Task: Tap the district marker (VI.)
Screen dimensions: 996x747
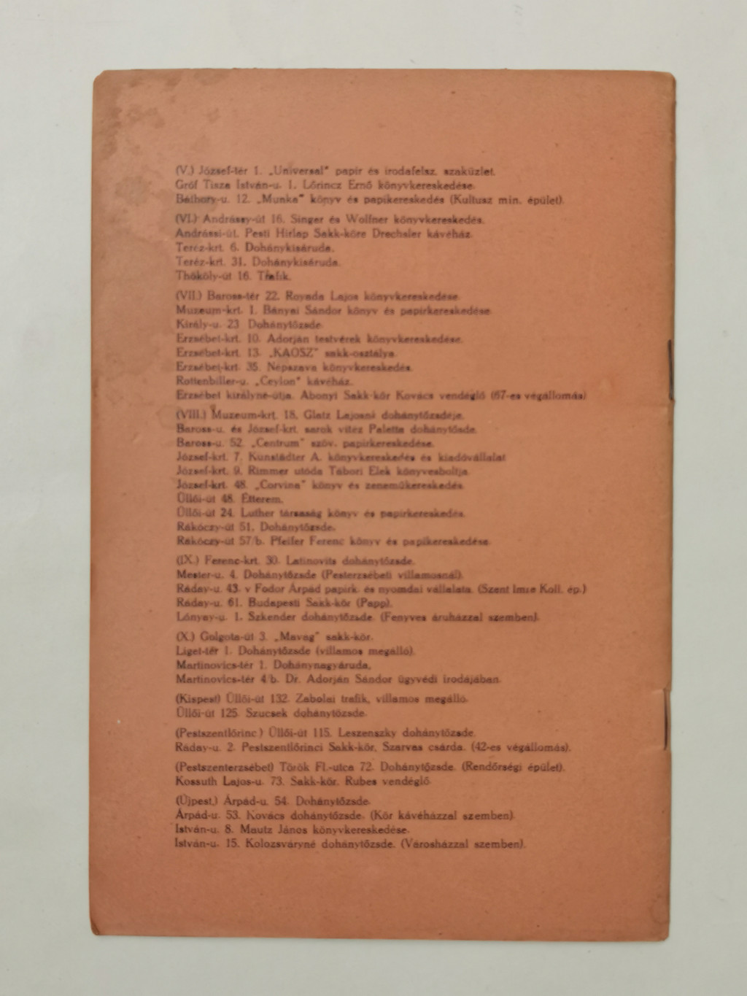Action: tap(187, 219)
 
